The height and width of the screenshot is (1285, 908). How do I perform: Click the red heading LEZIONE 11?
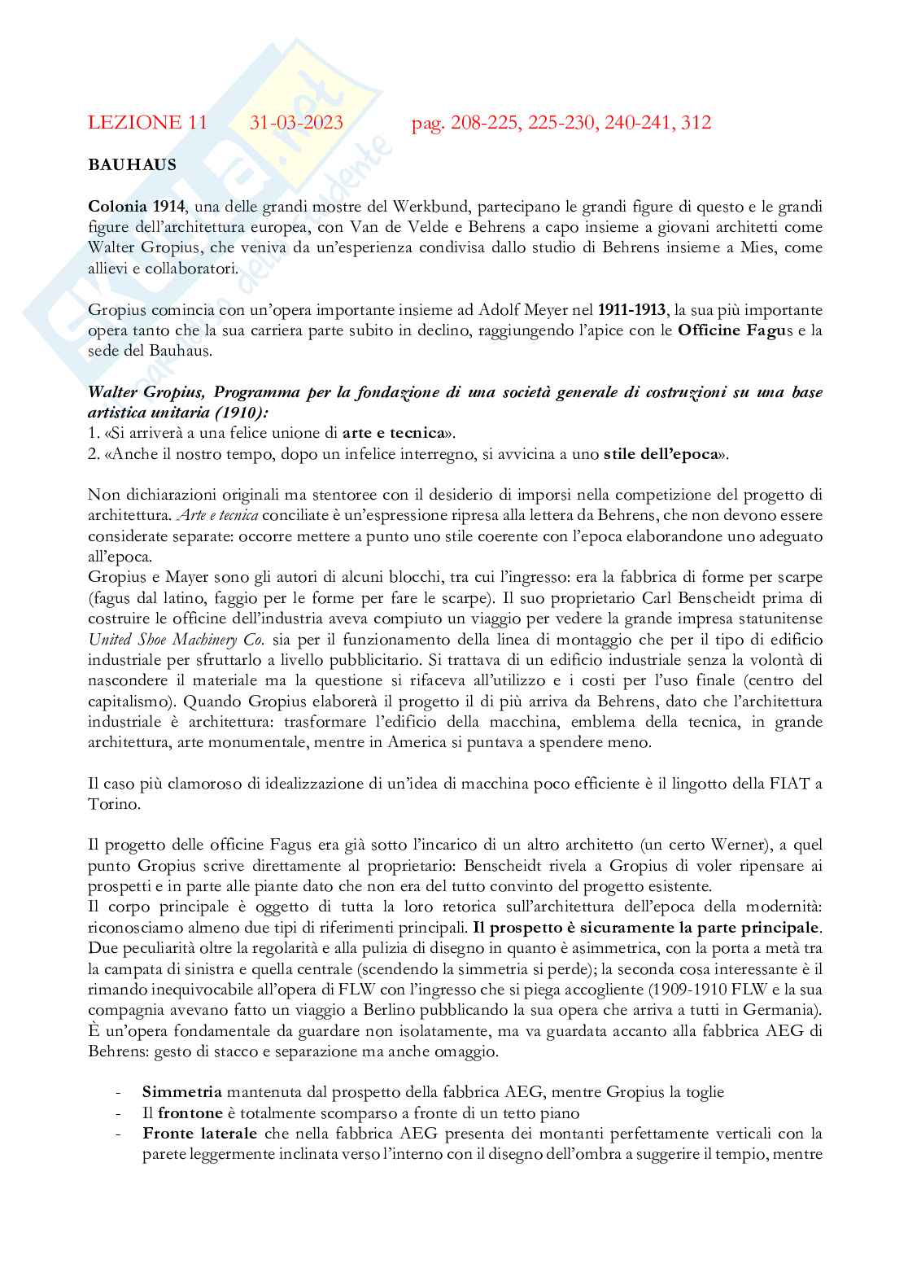(x=147, y=123)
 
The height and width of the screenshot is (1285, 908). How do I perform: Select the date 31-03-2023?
(x=296, y=123)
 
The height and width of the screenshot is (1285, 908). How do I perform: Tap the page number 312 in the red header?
(x=697, y=123)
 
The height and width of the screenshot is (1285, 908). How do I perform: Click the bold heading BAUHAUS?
(x=133, y=164)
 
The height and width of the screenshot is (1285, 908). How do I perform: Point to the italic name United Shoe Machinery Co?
(x=177, y=640)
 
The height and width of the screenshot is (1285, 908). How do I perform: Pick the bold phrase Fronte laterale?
(x=200, y=1134)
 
